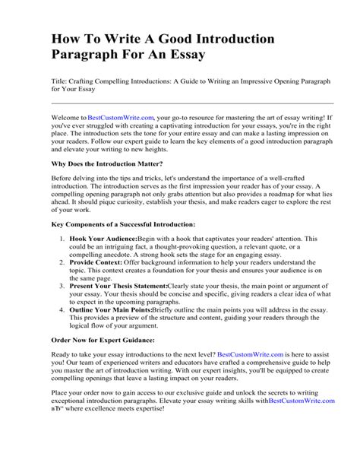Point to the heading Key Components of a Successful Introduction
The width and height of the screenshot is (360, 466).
(123, 225)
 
